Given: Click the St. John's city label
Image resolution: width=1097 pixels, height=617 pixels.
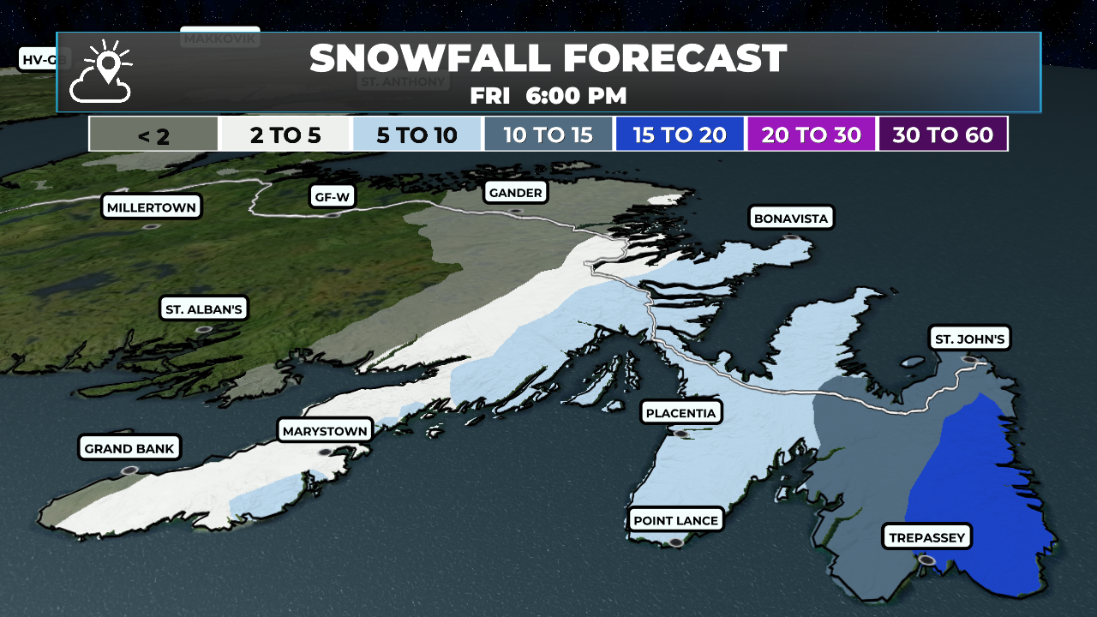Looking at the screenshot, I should pyautogui.click(x=969, y=339).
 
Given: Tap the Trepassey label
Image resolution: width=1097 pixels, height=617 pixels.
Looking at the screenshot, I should pyautogui.click(x=927, y=538).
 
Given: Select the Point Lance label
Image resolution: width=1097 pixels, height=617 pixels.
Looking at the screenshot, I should pyautogui.click(x=675, y=520).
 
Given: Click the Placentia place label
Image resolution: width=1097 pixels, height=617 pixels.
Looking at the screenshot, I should pyautogui.click(x=680, y=413).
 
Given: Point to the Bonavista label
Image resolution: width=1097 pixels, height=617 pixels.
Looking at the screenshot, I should pyautogui.click(x=790, y=219).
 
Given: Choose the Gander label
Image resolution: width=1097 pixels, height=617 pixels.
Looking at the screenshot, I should pyautogui.click(x=515, y=193).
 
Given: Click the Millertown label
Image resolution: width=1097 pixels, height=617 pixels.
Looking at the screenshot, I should pyautogui.click(x=151, y=207).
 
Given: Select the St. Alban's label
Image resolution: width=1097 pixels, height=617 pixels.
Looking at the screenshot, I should pyautogui.click(x=203, y=309).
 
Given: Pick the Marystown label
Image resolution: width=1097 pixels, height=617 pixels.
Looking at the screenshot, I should pyautogui.click(x=325, y=431).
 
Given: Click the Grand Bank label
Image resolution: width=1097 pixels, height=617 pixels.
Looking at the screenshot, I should pyautogui.click(x=129, y=448).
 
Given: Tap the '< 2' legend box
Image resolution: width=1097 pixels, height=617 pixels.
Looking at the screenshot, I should pyautogui.click(x=153, y=135).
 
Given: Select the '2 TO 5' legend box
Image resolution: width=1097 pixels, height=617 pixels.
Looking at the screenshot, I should pyautogui.click(x=285, y=135).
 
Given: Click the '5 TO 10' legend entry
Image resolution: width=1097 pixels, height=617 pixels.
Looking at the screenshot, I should pyautogui.click(x=417, y=135).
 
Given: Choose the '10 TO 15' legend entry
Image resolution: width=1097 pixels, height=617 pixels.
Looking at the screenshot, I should pyautogui.click(x=548, y=135).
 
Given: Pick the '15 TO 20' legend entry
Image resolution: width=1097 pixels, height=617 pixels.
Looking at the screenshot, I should pyautogui.click(x=680, y=135).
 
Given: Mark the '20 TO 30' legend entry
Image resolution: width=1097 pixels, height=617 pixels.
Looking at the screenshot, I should pyautogui.click(x=812, y=135).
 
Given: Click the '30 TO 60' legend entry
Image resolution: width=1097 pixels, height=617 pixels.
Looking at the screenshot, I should pyautogui.click(x=943, y=135).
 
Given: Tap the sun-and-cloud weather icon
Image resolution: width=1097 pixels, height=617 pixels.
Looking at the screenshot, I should pyautogui.click(x=102, y=72).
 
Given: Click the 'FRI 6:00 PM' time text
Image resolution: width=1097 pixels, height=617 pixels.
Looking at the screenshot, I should pyautogui.click(x=548, y=96).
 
